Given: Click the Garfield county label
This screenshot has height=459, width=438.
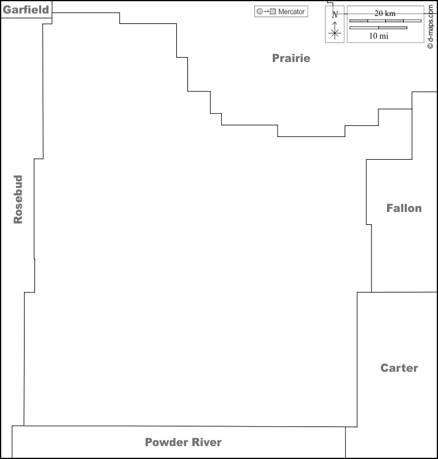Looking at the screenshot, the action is tap(26, 10).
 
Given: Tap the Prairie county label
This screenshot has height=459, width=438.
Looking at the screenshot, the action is tap(291, 58).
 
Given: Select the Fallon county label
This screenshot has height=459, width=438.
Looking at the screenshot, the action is tap(404, 208).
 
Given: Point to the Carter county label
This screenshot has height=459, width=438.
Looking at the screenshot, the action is tap(399, 367).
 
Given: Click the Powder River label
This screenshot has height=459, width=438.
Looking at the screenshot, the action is tap(183, 442).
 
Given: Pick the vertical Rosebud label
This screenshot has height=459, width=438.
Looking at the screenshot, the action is tap(18, 199).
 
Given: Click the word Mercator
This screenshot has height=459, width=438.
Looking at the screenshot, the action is tap(291, 12).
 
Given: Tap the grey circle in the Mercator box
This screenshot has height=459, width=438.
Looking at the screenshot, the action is tap(259, 12).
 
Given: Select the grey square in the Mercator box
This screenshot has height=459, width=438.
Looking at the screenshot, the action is tap(273, 12).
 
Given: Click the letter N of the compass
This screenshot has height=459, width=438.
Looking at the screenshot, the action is tap(335, 14).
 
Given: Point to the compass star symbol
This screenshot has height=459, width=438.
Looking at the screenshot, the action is tap(335, 33).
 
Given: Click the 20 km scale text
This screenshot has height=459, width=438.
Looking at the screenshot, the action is tap(385, 14).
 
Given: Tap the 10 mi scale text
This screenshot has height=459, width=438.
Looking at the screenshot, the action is tap(378, 36).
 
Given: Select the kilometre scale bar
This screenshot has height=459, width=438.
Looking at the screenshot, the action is tap(386, 21).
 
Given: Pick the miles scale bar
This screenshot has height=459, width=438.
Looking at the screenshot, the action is tap(378, 28).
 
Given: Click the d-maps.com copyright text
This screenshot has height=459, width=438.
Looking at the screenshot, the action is tap(430, 26).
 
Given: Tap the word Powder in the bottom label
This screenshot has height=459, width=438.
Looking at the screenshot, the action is tap(166, 442).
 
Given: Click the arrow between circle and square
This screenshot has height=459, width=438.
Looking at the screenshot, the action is tap(266, 12).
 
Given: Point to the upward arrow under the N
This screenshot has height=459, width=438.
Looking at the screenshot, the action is tap(335, 25).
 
